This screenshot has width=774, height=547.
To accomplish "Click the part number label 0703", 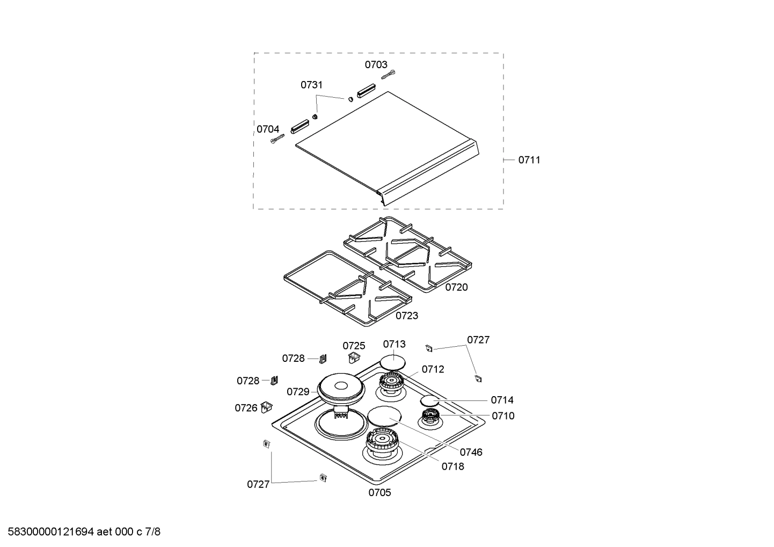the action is point(376,64).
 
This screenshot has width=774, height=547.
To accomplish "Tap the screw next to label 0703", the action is point(389,75).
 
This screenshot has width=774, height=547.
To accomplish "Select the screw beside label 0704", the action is point(278,138).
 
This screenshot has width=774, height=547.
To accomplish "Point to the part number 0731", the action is point(311,85).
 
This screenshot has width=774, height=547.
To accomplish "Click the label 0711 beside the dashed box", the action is point(529,160).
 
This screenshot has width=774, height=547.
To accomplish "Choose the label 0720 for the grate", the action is point(456,287).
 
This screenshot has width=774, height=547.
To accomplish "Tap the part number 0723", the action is point(407,316).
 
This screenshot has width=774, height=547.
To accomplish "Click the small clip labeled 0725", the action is point(353,358).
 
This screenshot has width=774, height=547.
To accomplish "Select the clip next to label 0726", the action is point(267,407).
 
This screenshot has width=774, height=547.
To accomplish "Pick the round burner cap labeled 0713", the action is point(392,363).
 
